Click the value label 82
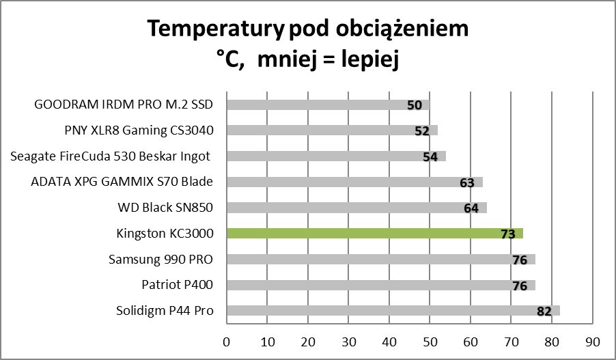click(x=544, y=311)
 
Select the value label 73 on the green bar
click(x=507, y=234)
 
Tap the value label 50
click(x=414, y=105)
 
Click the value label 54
click(x=430, y=156)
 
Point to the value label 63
click(x=467, y=182)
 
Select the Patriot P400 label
click(x=178, y=286)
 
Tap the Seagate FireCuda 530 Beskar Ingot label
click(x=111, y=156)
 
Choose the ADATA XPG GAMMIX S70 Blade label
click(x=122, y=182)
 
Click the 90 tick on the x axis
click(x=592, y=341)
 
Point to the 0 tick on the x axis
click(x=226, y=341)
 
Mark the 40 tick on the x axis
click(x=389, y=341)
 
